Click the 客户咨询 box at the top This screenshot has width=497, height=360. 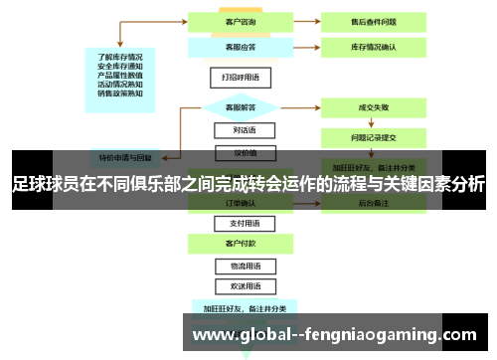click(x=236, y=21)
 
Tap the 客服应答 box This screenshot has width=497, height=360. click(x=236, y=46)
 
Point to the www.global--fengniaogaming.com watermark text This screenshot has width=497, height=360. click(x=334, y=334)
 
